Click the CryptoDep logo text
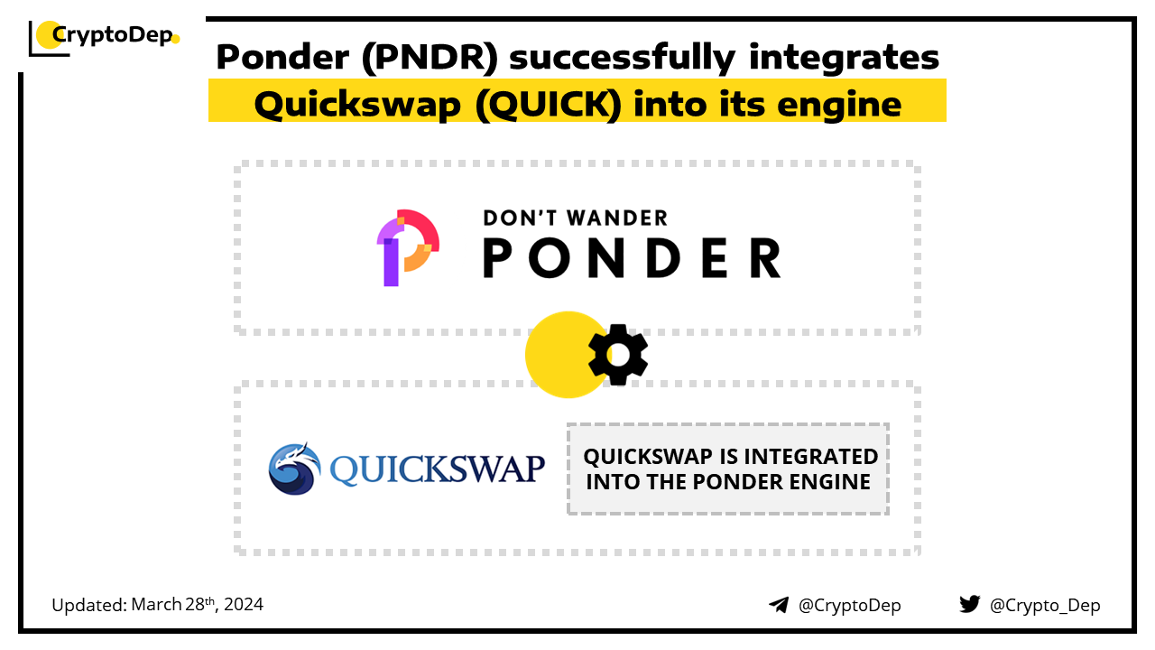(x=112, y=34)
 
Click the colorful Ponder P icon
(x=407, y=246)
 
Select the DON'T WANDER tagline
(x=576, y=218)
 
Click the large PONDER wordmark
(x=632, y=257)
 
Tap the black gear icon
(x=618, y=355)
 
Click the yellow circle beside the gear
(x=559, y=355)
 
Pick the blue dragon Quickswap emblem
(x=294, y=469)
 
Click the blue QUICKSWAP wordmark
(x=438, y=469)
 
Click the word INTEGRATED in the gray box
(x=806, y=457)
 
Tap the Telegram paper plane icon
(x=779, y=605)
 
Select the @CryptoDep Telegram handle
(x=850, y=605)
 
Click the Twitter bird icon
(x=970, y=604)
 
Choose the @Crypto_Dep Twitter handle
(x=1045, y=605)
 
